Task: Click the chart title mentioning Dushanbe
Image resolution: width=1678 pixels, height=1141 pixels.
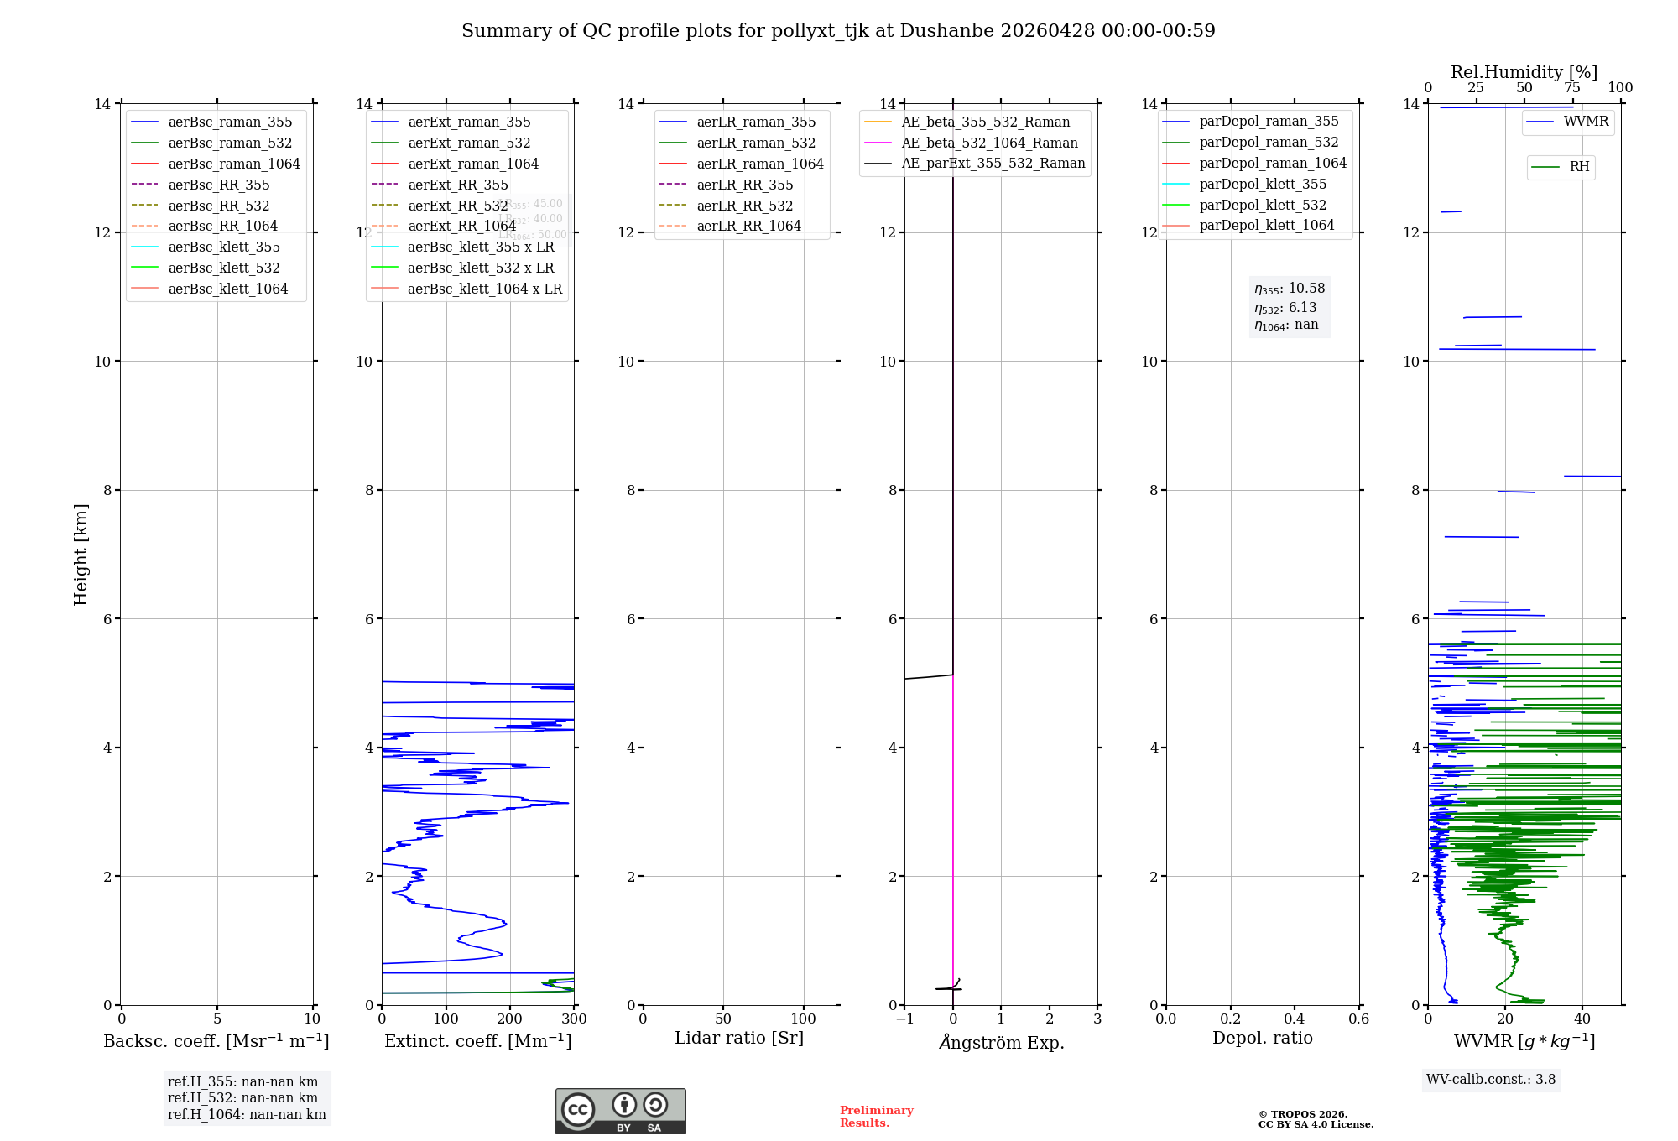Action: pos(838,31)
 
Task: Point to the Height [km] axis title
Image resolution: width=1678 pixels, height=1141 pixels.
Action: pos(81,555)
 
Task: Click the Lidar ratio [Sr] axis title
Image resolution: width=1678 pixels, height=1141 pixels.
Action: pos(739,1039)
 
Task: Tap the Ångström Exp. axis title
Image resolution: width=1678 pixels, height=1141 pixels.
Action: pos(1001,1043)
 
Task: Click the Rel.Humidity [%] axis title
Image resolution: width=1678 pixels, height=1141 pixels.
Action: pos(1524,72)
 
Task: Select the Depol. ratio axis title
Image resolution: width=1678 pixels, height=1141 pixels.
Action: pos(1262,1039)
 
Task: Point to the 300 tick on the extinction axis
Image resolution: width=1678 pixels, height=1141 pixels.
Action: pos(574,1019)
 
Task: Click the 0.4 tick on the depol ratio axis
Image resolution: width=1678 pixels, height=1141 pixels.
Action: pos(1295,1019)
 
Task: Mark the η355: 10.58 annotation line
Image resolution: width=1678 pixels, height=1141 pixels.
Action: pos(1290,289)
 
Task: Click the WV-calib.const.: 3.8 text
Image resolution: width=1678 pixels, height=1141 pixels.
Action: pos(1491,1080)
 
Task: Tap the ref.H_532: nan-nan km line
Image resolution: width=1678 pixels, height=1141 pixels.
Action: pos(242,1098)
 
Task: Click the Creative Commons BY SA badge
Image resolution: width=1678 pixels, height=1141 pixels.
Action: pos(620,1112)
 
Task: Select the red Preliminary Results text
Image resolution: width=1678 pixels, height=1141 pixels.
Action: pos(876,1117)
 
